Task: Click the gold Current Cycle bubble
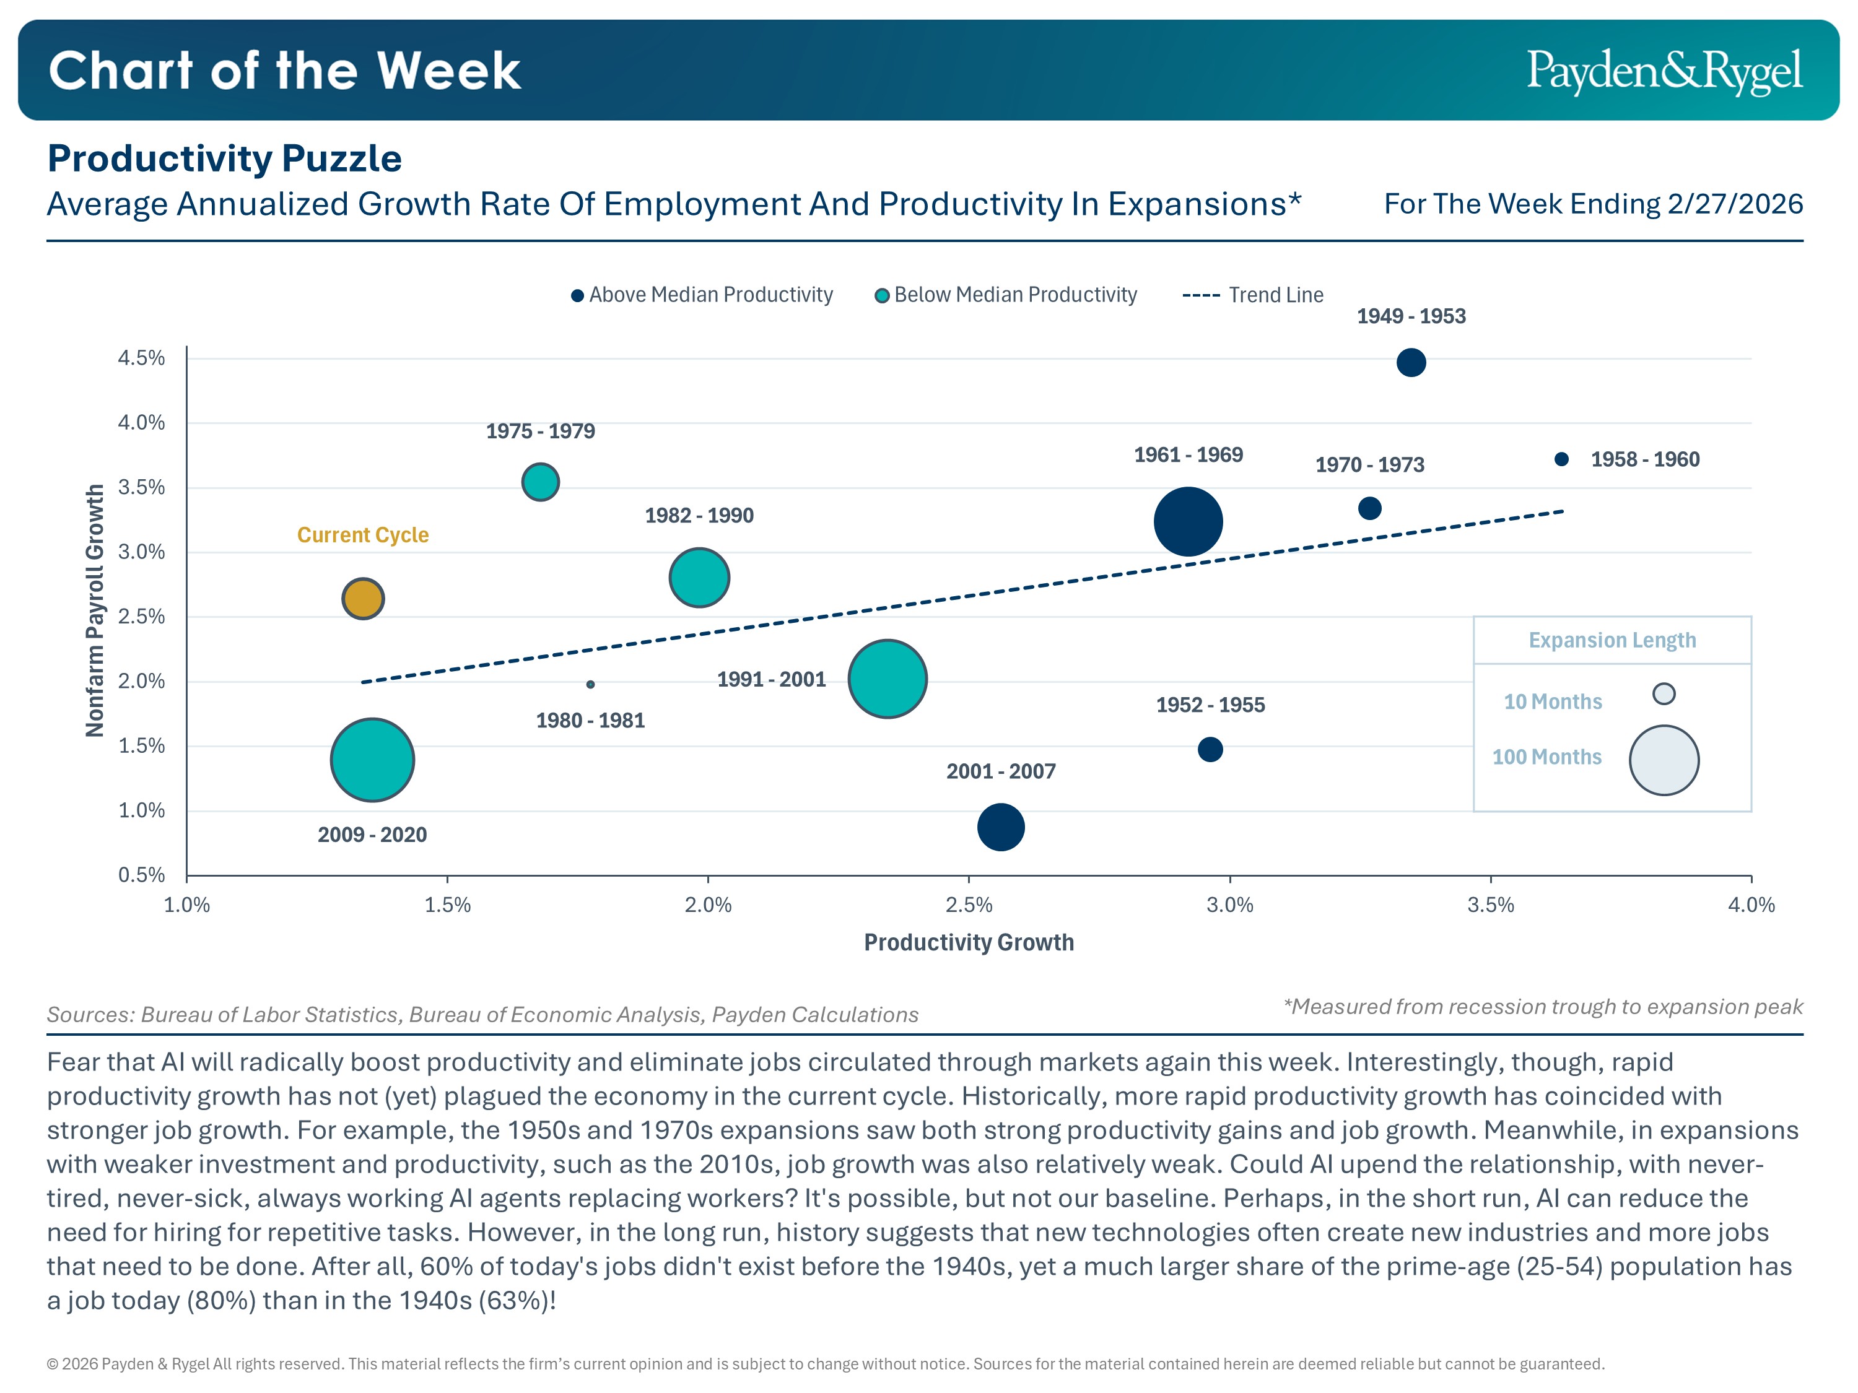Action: coord(363,599)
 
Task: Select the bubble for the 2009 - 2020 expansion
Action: coord(372,760)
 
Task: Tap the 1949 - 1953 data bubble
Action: coord(1411,363)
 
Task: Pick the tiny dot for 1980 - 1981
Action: coord(590,684)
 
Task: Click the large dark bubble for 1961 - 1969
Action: coord(1188,521)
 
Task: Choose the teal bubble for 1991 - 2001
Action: coord(887,679)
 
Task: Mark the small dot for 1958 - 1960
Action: coord(1561,459)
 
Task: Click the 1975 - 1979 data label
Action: coord(540,432)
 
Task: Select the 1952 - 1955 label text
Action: coord(1210,705)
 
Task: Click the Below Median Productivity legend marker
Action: coord(882,295)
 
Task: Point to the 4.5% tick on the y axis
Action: coord(141,358)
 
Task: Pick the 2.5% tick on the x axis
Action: coord(969,905)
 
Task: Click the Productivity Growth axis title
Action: coord(969,943)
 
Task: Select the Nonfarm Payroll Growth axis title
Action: coord(95,610)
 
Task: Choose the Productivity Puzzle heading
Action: coord(224,158)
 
